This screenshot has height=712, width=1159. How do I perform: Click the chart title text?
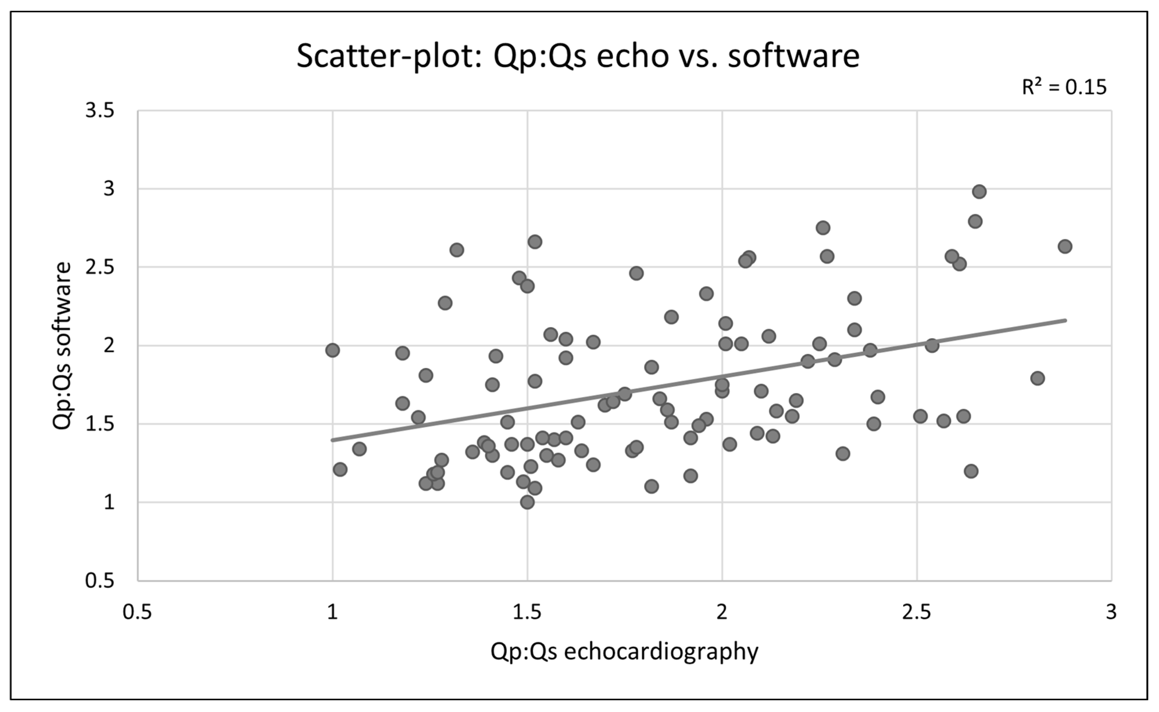tap(578, 57)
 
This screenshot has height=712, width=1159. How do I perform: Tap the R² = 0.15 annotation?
tap(1064, 87)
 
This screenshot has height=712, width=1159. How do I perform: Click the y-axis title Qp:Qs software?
tap(62, 346)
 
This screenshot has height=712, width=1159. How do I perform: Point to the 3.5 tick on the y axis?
tap(100, 111)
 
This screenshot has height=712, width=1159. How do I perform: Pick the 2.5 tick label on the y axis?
tap(100, 267)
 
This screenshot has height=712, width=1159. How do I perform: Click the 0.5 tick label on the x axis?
tap(137, 613)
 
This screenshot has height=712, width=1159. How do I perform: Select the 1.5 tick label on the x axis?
tap(527, 613)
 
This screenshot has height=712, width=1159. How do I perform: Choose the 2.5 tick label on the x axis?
tap(917, 613)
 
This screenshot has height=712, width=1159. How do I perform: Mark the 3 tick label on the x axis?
tap(1111, 613)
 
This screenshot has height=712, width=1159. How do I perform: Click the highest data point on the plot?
tap(979, 192)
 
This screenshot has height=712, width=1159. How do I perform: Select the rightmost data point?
tap(1065, 246)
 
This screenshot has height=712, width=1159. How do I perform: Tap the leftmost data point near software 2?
tap(332, 350)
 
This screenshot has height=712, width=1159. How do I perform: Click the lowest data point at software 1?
tap(527, 502)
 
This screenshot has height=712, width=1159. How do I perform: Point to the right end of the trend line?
tap(1066, 320)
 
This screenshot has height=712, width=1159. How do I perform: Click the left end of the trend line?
tap(332, 440)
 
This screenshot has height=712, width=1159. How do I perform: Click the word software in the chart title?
tap(794, 57)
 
